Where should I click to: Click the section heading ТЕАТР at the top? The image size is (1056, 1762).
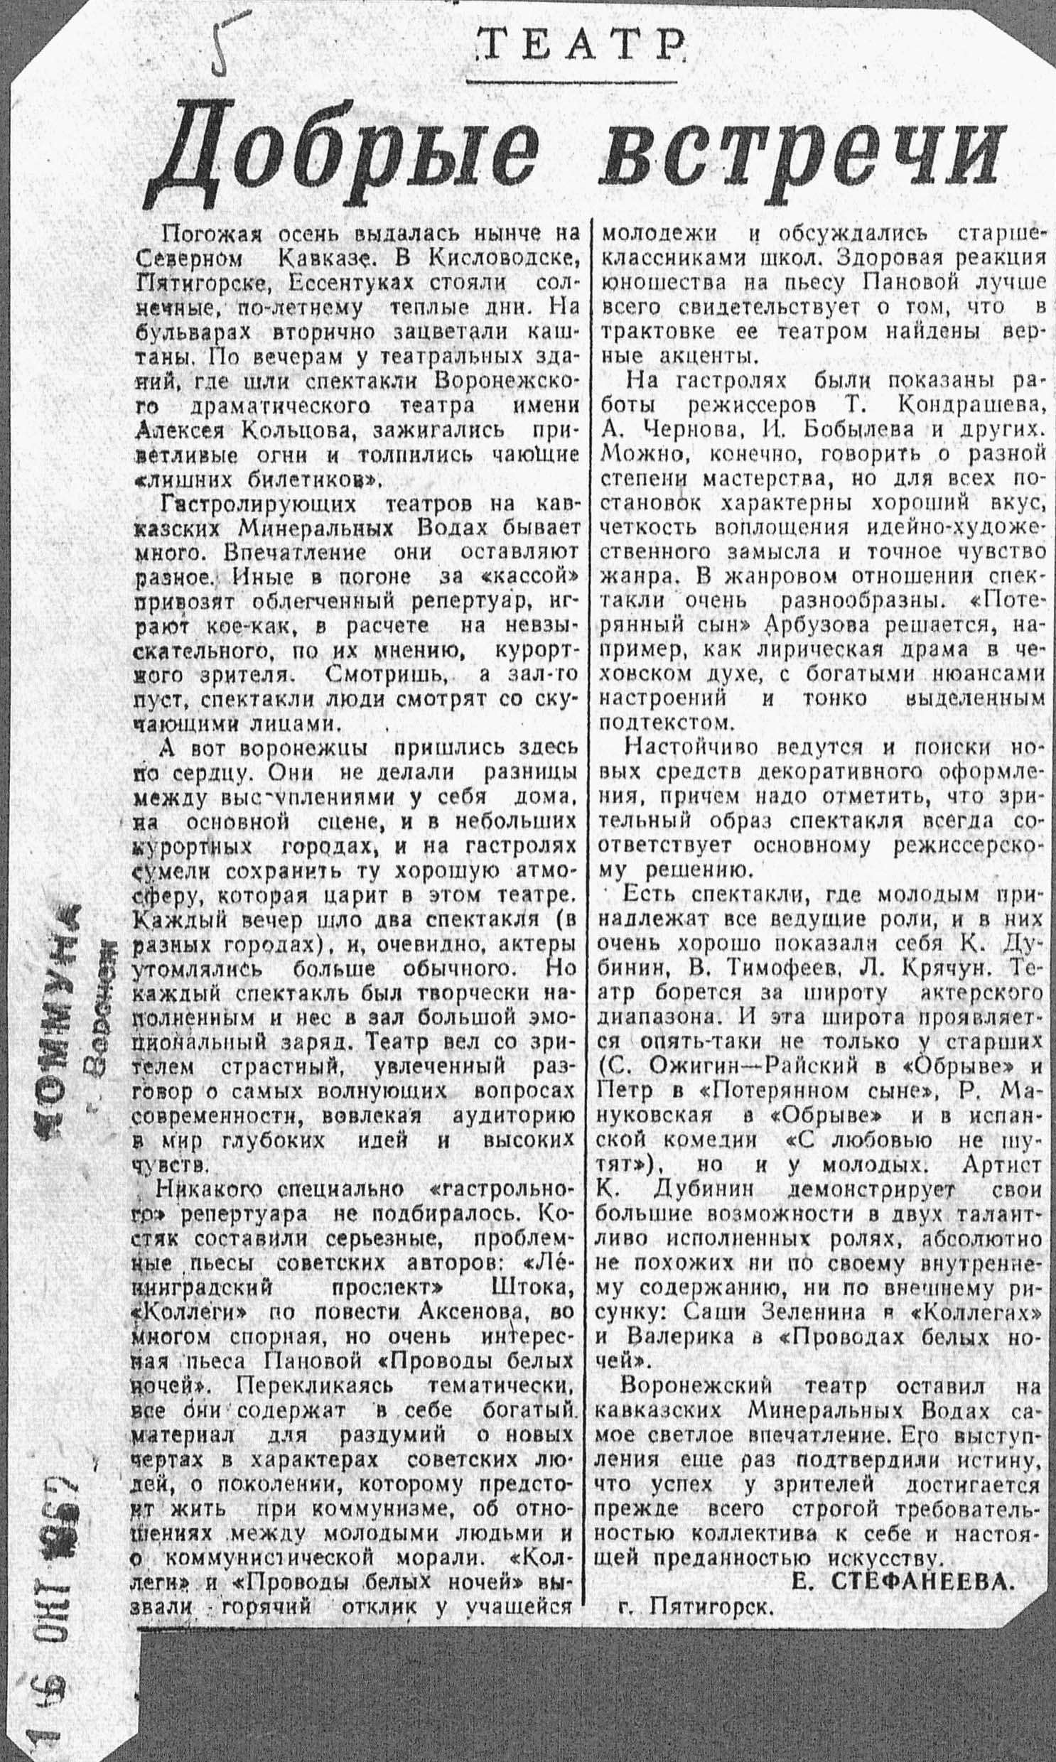pos(578,48)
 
